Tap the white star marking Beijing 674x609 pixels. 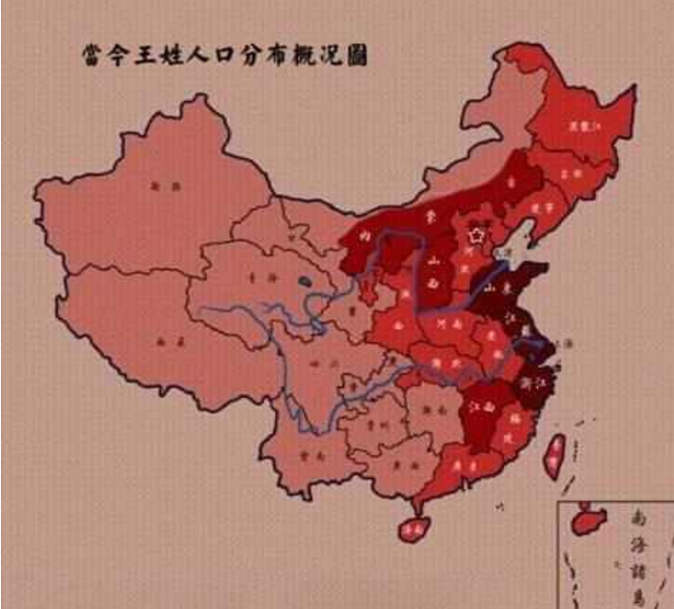tap(473, 234)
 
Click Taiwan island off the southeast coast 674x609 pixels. tap(554, 455)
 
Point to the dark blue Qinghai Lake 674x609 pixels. tap(306, 282)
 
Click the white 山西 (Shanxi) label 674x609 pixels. tap(435, 271)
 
